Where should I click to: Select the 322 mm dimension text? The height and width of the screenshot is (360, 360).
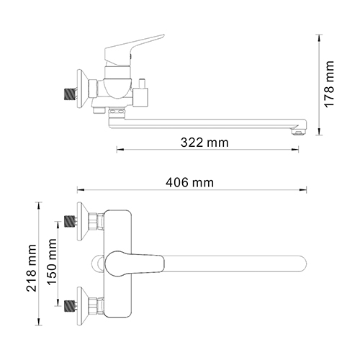pyautogui.click(x=207, y=143)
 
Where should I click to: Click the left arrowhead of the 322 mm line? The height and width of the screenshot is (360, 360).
pyautogui.click(x=118, y=150)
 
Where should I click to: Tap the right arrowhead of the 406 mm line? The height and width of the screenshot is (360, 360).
pyautogui.click(x=305, y=191)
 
